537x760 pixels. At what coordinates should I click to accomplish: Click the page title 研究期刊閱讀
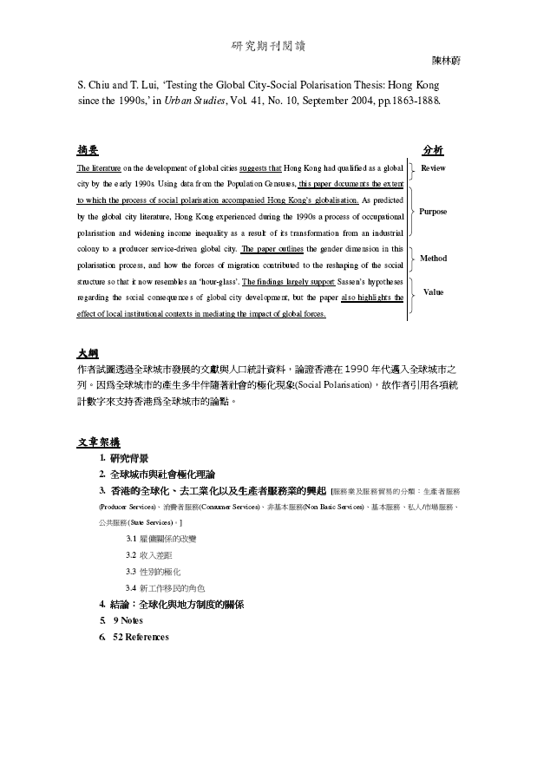point(268,45)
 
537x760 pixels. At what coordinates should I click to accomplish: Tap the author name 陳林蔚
point(449,62)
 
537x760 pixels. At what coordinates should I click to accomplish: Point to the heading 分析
point(432,149)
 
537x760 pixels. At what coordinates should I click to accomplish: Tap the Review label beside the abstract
point(433,167)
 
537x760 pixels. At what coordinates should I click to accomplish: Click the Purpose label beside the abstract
point(433,212)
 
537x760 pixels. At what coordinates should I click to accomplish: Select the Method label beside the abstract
point(433,259)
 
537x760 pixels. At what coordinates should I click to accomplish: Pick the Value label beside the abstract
point(433,292)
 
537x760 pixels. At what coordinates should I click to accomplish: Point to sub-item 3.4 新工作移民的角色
point(165,588)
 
